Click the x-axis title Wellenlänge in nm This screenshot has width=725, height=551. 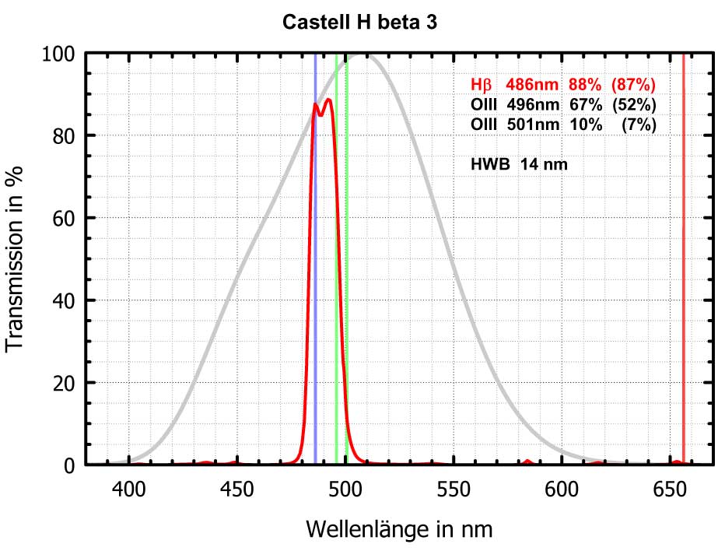point(399,529)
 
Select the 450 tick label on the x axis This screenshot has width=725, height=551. point(236,489)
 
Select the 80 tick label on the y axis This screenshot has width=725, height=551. point(63,135)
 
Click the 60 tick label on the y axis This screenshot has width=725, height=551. point(63,218)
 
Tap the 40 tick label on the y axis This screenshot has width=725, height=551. point(63,300)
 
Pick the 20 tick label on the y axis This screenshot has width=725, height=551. point(63,383)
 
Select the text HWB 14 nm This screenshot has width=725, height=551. point(518,164)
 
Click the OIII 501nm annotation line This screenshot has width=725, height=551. point(563,125)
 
